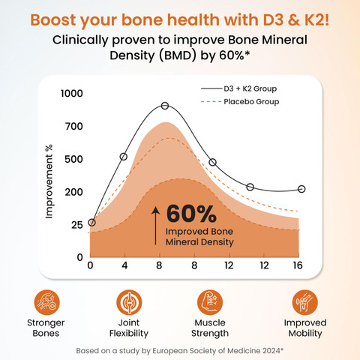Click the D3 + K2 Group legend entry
238,88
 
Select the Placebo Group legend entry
240,102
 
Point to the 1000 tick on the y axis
72,94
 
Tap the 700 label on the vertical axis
74,127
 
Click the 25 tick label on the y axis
77,225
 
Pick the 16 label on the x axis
298,265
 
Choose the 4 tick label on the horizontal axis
124,265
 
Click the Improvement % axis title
49,181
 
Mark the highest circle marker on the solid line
165,106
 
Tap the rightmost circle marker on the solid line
301,189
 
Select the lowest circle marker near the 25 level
91,223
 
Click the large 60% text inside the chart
191,214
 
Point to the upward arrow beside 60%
155,226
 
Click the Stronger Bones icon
46,302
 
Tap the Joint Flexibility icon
129,302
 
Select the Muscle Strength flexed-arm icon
210,302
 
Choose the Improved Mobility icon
305,302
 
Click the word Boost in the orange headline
53,19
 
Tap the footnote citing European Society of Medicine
180,351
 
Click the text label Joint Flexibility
129,328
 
